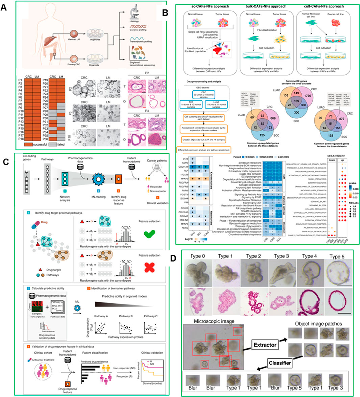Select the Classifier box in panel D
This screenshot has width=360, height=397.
tap(280, 363)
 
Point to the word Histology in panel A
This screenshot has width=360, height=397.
tap(134, 21)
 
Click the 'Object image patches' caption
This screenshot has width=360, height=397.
tap(318, 324)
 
